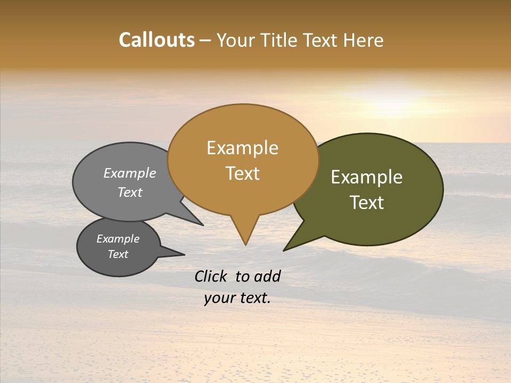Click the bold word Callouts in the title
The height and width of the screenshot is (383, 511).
(x=156, y=40)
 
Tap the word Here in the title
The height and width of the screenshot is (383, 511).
(x=363, y=40)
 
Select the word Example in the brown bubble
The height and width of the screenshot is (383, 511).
(x=242, y=148)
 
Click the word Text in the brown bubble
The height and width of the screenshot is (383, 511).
(x=242, y=173)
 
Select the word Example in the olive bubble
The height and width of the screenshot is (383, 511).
(x=367, y=177)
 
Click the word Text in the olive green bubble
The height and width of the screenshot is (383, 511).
(x=367, y=203)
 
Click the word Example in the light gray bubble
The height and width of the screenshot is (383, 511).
(x=129, y=173)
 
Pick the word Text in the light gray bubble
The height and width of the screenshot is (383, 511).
(x=129, y=192)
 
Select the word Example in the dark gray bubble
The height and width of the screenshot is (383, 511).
(x=118, y=239)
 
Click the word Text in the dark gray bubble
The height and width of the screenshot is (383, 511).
(x=118, y=254)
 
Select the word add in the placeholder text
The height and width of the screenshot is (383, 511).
(x=267, y=276)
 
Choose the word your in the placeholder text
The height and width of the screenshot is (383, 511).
(x=218, y=298)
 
